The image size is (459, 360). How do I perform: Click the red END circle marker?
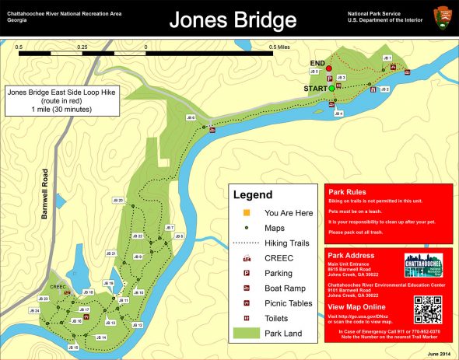[x=329, y=69]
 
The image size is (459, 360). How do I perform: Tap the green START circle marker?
[x=331, y=89]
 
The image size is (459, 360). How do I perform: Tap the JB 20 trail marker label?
[x=118, y=201]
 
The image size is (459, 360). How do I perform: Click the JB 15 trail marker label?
[x=74, y=347]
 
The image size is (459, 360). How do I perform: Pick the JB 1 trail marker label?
[x=387, y=58]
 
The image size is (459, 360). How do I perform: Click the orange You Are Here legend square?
[x=247, y=212]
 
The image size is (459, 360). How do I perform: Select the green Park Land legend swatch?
[x=247, y=334]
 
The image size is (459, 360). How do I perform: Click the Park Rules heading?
[x=347, y=192]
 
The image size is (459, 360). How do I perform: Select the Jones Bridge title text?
[x=229, y=19]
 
